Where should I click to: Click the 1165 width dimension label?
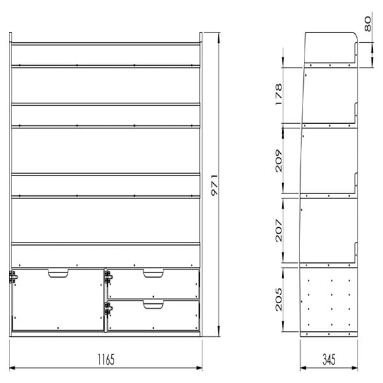tap(106, 359)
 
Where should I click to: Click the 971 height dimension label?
tap(214, 185)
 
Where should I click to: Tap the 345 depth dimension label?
tap(329, 359)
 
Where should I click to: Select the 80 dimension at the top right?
tap(368, 24)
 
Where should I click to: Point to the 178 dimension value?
tap(278, 94)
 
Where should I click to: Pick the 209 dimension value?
tap(278, 161)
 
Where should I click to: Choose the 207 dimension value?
tap(278, 230)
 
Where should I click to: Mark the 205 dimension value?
tap(278, 299)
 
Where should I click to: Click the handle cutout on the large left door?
tap(58, 273)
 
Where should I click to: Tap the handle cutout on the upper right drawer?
tap(153, 273)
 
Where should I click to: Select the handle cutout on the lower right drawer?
tap(153, 304)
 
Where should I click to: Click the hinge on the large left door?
tap(13, 277)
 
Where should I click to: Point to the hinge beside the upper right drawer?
tap(109, 277)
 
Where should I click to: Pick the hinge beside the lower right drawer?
tap(109, 308)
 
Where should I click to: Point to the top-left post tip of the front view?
tap(10, 33)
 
